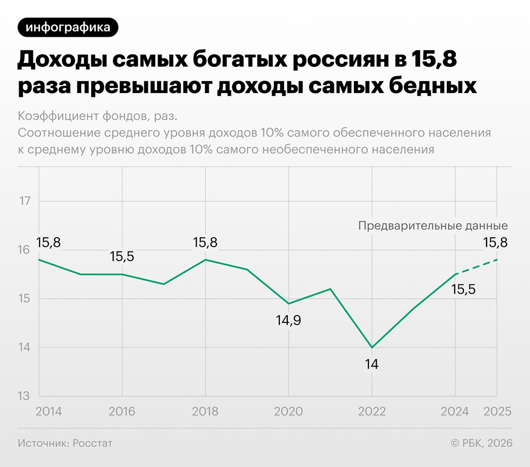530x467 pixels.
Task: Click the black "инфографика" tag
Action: pos(68,27)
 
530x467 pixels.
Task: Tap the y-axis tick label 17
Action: pos(24,201)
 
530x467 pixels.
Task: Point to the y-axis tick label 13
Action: pos(24,397)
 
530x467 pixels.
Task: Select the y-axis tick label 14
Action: pos(24,348)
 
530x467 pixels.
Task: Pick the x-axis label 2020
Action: pos(288,411)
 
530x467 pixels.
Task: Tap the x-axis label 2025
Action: pos(498,411)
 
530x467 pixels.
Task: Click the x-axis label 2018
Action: pos(205,411)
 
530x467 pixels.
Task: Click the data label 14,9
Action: pos(289,320)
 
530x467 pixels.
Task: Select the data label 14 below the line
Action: pos(372,364)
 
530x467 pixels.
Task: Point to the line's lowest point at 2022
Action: pos(372,347)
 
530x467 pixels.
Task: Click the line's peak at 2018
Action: pos(205,259)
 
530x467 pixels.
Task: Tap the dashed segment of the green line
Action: pos(476,267)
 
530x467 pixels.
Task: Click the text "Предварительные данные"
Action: pos(433,226)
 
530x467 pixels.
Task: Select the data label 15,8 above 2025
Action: pos(495,243)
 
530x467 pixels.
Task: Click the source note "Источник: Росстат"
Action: pos(65,443)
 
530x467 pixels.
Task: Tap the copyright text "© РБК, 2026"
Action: pos(481,443)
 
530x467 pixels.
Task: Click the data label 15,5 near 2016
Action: pos(122,257)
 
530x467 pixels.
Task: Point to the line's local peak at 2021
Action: pos(330,289)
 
